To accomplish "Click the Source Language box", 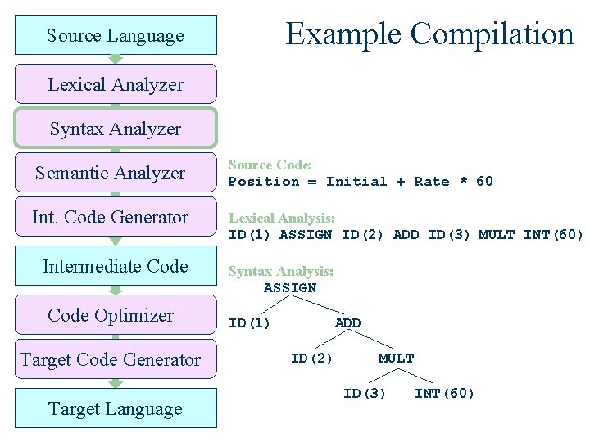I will point(116,35).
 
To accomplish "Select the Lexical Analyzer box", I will point(116,84).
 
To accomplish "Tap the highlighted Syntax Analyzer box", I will point(116,129).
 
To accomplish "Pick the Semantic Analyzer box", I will point(116,173).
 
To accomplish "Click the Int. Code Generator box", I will point(116,217).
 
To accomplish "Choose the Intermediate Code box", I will point(116,266).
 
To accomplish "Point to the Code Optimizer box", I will point(116,315).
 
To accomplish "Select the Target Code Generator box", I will point(116,359).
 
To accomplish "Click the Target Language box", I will point(116,408).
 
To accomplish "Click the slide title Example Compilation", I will point(429,34).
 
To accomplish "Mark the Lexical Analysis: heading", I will point(281,219).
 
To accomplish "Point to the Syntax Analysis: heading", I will point(280,271).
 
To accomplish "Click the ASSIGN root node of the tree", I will point(289,288).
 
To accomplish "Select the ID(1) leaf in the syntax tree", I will point(249,323).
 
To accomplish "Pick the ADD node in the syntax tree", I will point(347,323).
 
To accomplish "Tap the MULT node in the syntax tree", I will point(396,359).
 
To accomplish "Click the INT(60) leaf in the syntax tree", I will point(444,394).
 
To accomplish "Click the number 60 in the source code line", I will point(484,182).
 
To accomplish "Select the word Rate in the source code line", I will point(431,182).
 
